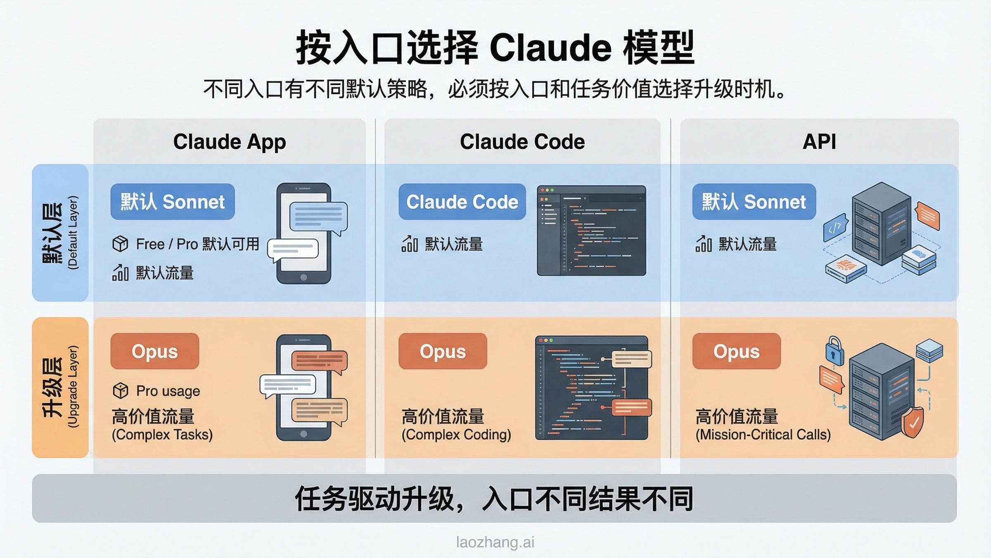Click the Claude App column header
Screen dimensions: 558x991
229,142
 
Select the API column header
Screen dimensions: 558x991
819,142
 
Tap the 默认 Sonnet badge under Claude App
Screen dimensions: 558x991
173,202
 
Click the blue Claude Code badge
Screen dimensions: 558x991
462,202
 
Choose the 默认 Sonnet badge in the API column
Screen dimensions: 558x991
754,202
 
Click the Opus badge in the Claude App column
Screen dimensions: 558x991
154,351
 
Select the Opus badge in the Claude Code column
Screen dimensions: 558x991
443,351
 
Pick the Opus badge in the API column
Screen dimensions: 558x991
736,351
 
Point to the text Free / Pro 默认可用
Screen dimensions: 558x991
197,244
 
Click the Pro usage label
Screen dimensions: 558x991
168,391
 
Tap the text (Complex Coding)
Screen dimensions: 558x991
456,434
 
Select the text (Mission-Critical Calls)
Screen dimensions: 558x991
763,434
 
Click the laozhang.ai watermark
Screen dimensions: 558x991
495,542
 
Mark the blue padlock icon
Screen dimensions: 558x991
834,351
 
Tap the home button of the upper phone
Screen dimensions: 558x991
303,277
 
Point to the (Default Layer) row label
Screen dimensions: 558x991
73,233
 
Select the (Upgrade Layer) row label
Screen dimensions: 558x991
73,386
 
